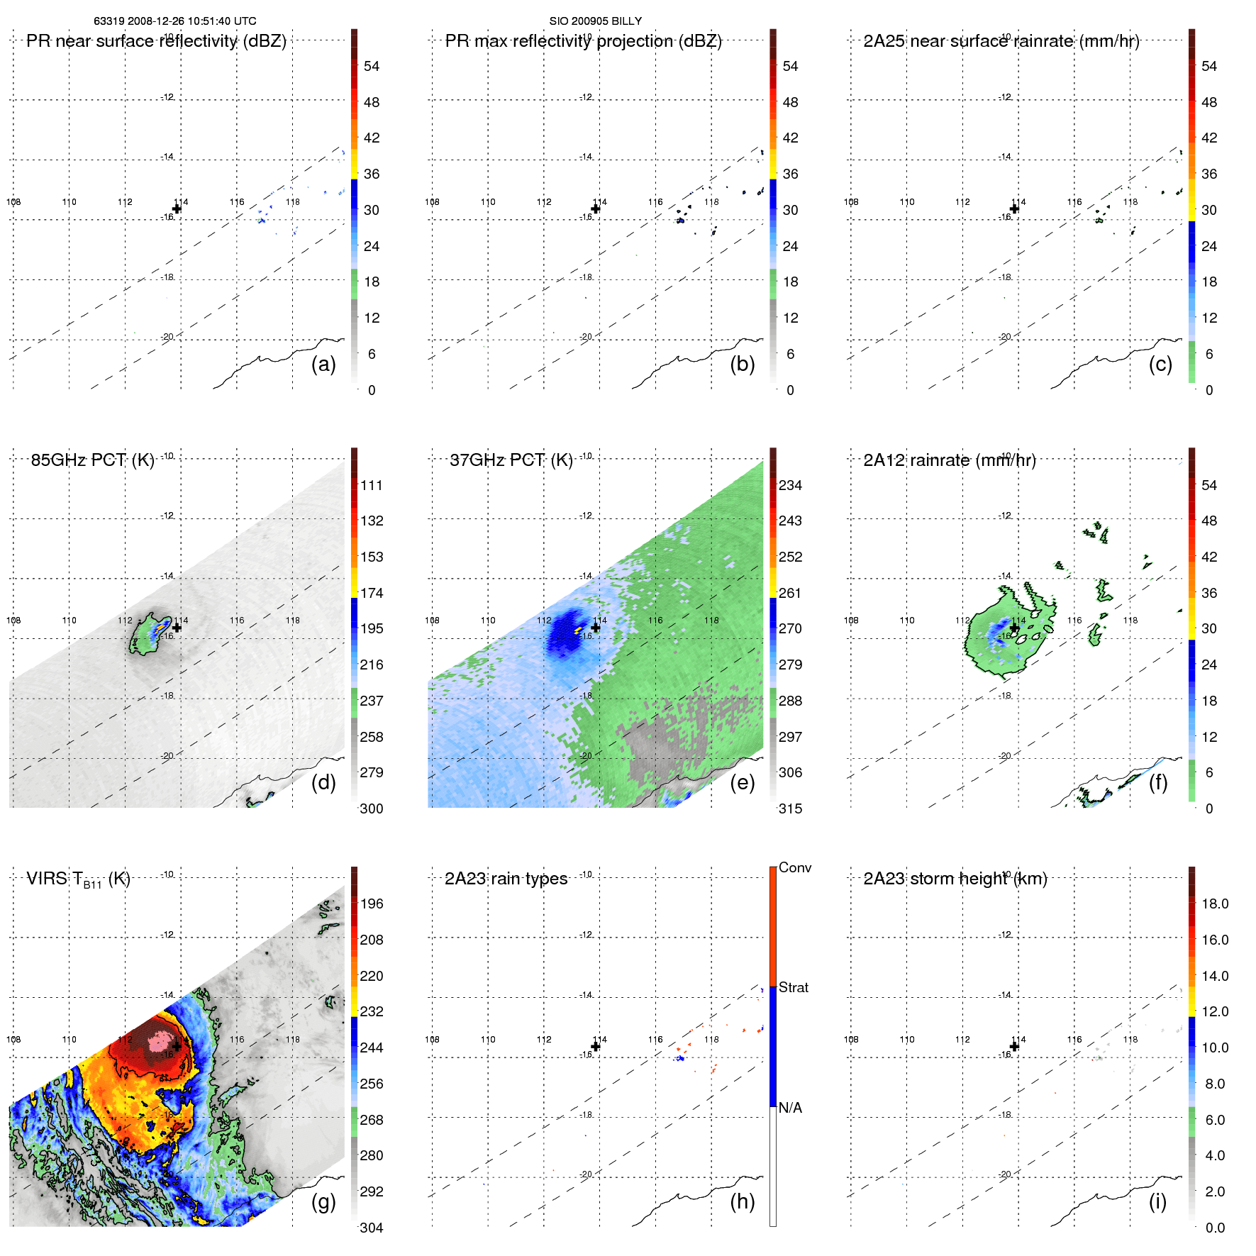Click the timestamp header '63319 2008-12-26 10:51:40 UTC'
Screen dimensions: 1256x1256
pos(174,21)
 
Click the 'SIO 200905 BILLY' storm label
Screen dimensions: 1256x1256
pos(595,21)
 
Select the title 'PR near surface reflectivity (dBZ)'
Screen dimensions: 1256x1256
pos(156,41)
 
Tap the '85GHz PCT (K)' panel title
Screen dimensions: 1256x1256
pos(92,460)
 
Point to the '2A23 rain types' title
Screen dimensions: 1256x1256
pos(506,879)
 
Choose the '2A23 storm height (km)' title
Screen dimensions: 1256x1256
pos(955,879)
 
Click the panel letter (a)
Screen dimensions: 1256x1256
pos(323,365)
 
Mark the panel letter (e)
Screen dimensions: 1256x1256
pos(742,783)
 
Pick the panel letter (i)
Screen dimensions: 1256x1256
pos(1157,1201)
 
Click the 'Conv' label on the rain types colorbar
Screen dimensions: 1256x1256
pos(794,867)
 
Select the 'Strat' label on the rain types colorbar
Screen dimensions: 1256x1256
pos(793,987)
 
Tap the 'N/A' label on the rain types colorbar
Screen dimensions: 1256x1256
pos(790,1108)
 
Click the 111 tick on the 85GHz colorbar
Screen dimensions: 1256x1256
pos(371,485)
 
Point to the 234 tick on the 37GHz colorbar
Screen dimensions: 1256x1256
pos(790,485)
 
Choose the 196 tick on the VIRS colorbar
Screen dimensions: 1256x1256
pos(371,904)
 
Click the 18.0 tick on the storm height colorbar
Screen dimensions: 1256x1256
pos(1214,904)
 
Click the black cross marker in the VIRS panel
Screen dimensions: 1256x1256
pos(177,1046)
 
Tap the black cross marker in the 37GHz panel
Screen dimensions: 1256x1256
pos(596,628)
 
